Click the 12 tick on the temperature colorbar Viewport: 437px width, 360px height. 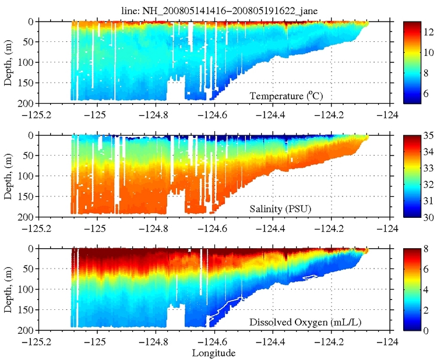pyautogui.click(x=427, y=33)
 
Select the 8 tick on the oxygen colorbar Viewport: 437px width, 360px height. pyautogui.click(x=427, y=249)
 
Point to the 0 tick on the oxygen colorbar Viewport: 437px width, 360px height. pyautogui.click(x=427, y=330)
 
